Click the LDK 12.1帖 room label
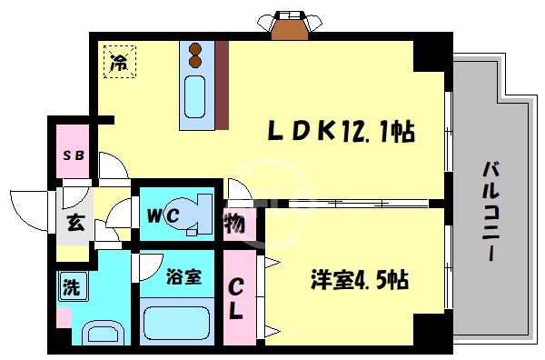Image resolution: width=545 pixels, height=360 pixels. click(341, 134)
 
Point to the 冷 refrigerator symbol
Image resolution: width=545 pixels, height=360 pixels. click(118, 62)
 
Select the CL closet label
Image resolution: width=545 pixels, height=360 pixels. click(234, 297)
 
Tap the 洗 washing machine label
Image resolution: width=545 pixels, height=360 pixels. click(71, 288)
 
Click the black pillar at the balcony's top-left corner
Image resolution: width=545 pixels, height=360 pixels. click(431, 54)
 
